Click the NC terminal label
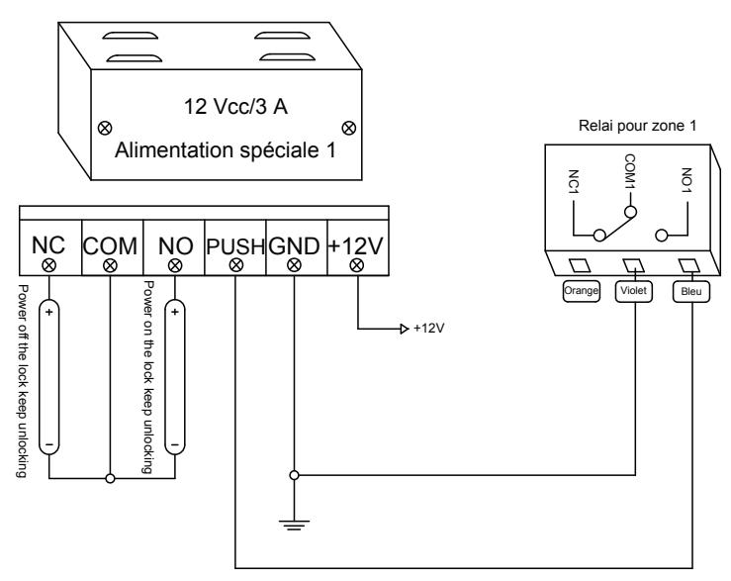48,245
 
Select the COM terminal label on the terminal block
111,245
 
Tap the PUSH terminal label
235,246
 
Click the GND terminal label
294,245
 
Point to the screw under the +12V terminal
357,265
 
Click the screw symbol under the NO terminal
175,265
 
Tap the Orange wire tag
581,291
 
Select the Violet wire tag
633,291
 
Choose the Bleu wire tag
690,291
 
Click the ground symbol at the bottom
294,525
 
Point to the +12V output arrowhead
405,329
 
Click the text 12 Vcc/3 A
235,106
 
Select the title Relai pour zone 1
637,126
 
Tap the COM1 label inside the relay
630,172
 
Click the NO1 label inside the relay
686,180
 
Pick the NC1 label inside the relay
574,182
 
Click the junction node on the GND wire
294,475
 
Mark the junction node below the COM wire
110,478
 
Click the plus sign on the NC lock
48,312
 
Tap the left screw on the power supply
105,128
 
